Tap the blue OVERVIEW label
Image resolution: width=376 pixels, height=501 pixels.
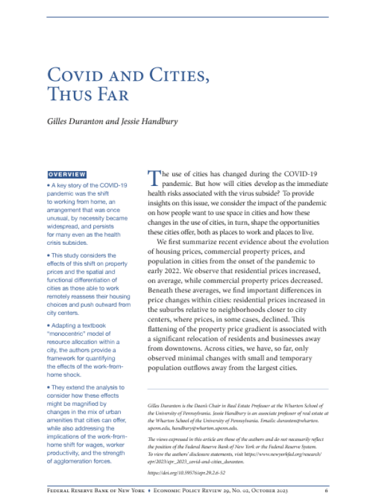(x=67, y=174)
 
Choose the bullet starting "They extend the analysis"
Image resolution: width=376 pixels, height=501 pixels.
(x=86, y=388)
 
